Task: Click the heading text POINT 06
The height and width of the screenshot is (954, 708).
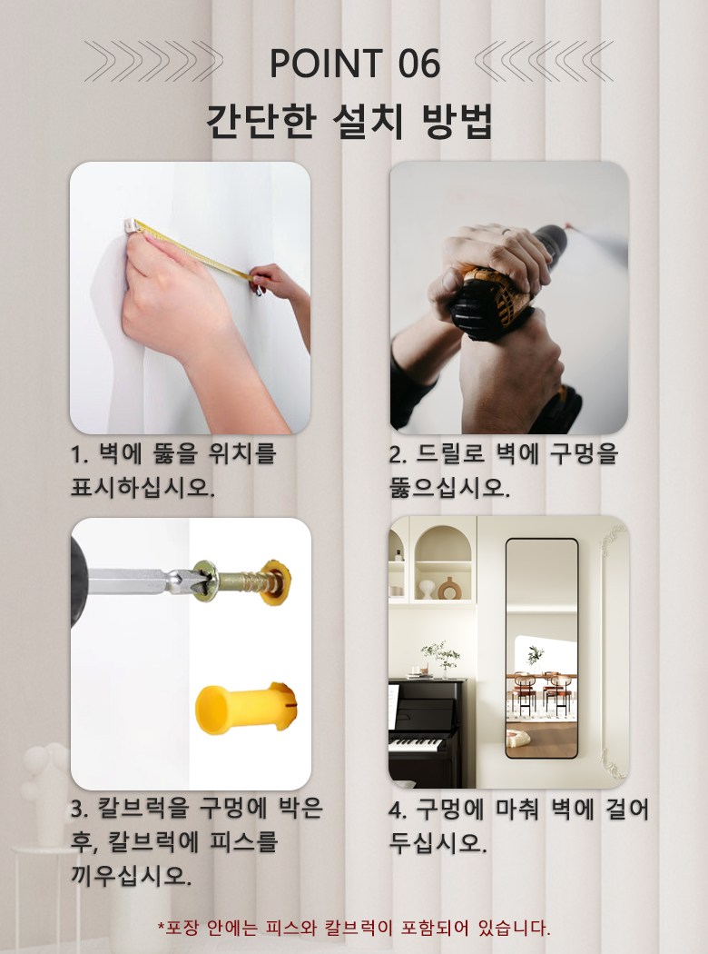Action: [354, 64]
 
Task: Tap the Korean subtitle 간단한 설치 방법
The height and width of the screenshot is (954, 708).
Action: [349, 121]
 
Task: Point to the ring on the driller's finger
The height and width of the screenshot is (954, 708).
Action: [506, 231]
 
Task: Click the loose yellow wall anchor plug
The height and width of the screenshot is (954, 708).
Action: [246, 708]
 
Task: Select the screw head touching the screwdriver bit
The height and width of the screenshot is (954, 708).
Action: [205, 581]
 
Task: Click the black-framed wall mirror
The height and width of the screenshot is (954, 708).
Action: [542, 648]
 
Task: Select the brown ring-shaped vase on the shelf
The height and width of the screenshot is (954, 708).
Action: [449, 589]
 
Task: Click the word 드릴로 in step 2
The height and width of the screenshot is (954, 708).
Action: [450, 454]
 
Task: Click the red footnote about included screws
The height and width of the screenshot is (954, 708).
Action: [354, 928]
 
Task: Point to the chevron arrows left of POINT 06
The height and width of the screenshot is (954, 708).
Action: [153, 61]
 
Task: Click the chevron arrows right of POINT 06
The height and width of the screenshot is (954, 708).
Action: [544, 61]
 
